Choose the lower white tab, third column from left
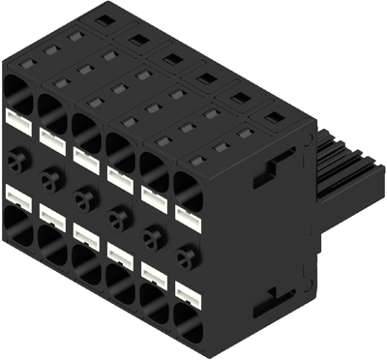pyautogui.click(x=85, y=232)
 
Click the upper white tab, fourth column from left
pyautogui.click(x=120, y=173)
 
